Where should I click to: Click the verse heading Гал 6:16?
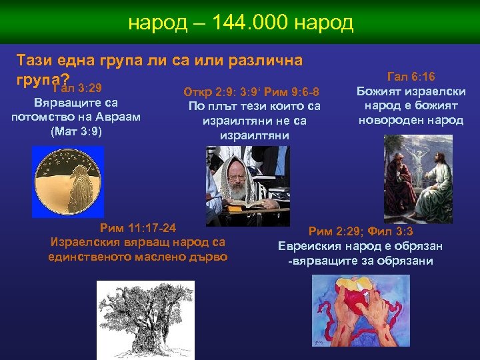point(411,77)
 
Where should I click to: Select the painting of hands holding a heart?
point(361,311)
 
